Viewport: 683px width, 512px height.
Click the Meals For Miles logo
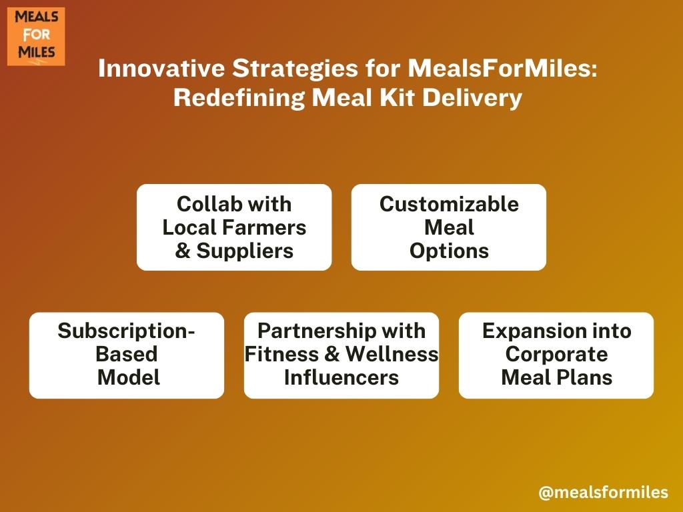tap(36, 37)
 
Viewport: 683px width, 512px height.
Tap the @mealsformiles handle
tap(603, 492)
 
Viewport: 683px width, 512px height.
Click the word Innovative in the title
tap(161, 69)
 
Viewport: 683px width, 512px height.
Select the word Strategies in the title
tap(295, 69)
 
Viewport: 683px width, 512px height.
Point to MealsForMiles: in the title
tap(503, 69)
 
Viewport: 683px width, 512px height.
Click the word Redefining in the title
tap(239, 97)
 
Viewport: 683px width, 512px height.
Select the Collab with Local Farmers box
tap(234, 227)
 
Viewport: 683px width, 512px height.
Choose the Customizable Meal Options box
tap(449, 227)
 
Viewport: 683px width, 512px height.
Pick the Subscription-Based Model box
tap(127, 355)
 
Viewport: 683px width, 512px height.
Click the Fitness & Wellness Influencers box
tap(341, 355)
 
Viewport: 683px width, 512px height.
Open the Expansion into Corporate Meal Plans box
tap(556, 355)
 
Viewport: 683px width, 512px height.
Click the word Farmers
tap(264, 227)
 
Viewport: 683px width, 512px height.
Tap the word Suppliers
tap(245, 251)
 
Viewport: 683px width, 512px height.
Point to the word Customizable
tap(449, 204)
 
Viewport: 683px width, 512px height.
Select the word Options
tap(449, 251)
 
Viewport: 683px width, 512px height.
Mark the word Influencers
tap(341, 377)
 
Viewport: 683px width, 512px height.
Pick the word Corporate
tap(557, 355)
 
